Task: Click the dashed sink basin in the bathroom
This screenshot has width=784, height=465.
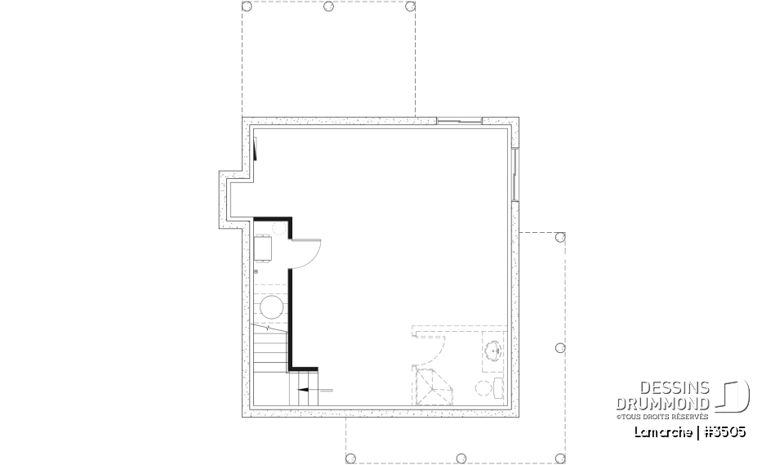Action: [x=493, y=352]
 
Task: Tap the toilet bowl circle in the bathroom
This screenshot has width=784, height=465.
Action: [x=483, y=387]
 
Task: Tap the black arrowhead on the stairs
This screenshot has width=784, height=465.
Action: [x=303, y=391]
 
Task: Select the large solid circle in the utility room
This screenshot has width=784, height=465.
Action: [x=271, y=308]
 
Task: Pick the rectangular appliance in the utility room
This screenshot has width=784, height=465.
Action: [x=264, y=247]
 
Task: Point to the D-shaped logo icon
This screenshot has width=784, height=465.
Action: [x=735, y=396]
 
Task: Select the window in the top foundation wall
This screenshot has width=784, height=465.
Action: [x=460, y=122]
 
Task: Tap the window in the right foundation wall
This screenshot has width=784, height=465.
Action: [x=514, y=174]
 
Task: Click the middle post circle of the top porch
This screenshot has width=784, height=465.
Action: [x=328, y=7]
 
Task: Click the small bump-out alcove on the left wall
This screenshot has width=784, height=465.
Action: [x=231, y=197]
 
